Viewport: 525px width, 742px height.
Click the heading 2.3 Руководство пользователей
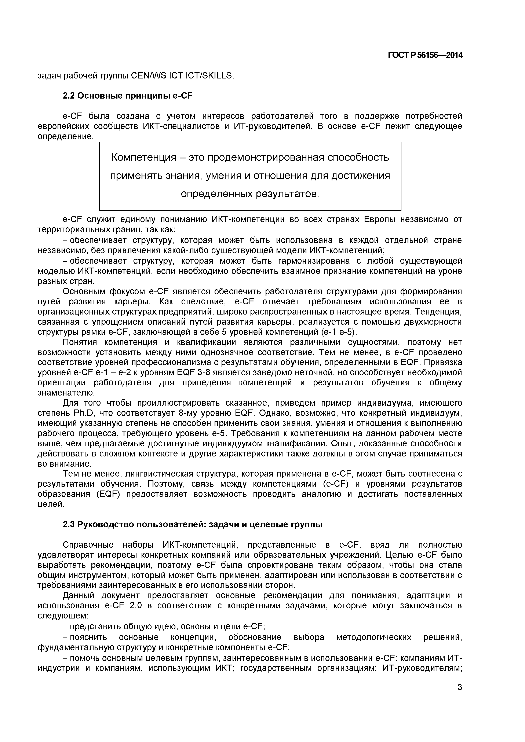pos(193,525)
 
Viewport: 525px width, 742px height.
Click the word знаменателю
pos(66,393)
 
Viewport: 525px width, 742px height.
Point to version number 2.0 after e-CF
pos(135,606)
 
